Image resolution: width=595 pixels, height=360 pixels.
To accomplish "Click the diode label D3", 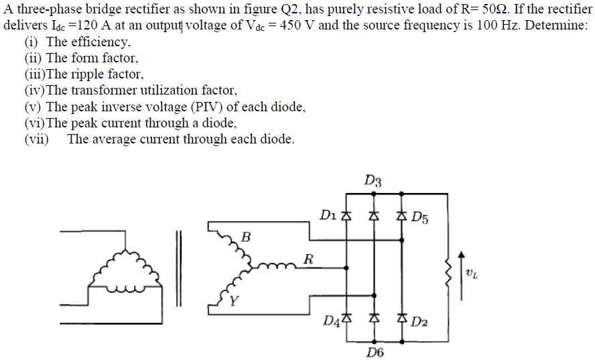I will pos(373,180).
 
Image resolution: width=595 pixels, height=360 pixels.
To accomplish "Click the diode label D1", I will pos(328,215).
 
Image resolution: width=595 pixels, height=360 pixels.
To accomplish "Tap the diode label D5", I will pos(419,217).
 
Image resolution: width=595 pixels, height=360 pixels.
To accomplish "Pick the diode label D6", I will pos(375,352).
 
